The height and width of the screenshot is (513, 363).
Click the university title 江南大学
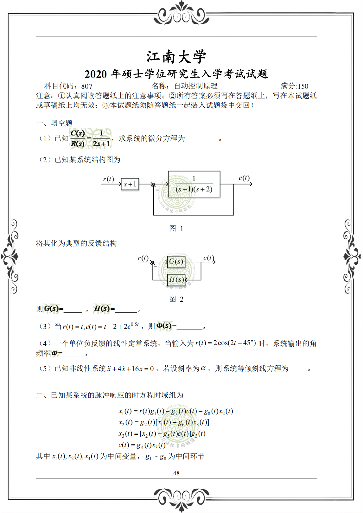pyautogui.click(x=176, y=57)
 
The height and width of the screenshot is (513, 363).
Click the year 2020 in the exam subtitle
pyautogui.click(x=95, y=74)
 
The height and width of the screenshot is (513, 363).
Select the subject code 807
pyautogui.click(x=87, y=86)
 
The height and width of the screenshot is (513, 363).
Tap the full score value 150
pyautogui.click(x=303, y=86)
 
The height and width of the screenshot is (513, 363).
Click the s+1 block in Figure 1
pyautogui.click(x=130, y=184)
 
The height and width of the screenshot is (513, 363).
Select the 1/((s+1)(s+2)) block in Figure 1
pyautogui.click(x=194, y=184)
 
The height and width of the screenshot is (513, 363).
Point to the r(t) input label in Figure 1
pyautogui.click(x=108, y=179)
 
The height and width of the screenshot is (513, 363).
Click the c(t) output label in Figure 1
pyautogui.click(x=244, y=178)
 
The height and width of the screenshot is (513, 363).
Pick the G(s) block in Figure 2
pyautogui.click(x=176, y=262)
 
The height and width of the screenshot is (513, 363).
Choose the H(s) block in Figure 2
pyautogui.click(x=176, y=279)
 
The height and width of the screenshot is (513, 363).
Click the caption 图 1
pyautogui.click(x=176, y=228)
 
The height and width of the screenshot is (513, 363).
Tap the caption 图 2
pyautogui.click(x=176, y=299)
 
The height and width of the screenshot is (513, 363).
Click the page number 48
pyautogui.click(x=176, y=473)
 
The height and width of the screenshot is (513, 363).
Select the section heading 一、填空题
pyautogui.click(x=54, y=123)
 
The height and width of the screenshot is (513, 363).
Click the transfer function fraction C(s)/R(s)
pyautogui.click(x=78, y=138)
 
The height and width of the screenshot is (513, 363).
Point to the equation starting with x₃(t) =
pyautogui.click(x=162, y=434)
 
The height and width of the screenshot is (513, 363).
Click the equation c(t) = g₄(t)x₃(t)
pyautogui.click(x=142, y=445)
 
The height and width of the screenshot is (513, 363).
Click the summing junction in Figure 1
pyautogui.click(x=153, y=184)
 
